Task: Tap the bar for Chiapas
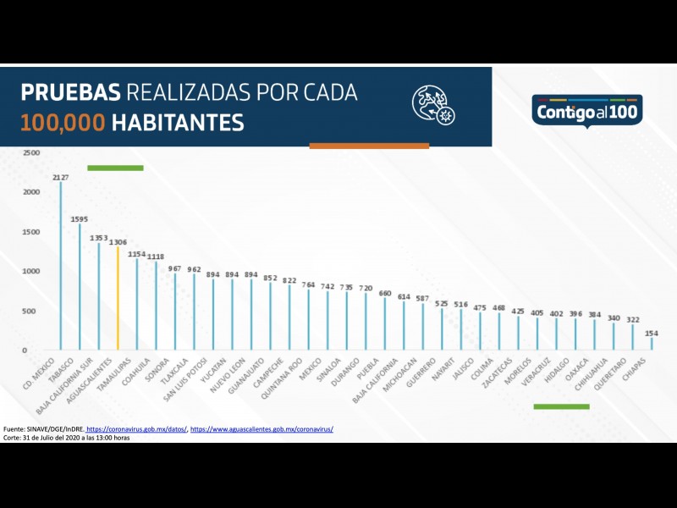point(652,344)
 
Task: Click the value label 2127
point(61,178)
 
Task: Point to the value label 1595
point(80,218)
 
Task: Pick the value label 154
point(651,333)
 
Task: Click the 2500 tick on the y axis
point(31,153)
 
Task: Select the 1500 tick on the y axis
point(31,232)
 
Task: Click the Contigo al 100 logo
point(588,109)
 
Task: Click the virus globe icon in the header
point(433,106)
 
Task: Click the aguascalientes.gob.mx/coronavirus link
point(261,429)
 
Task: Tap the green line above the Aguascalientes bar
point(115,168)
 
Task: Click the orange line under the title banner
point(369,146)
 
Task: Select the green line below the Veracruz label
point(561,406)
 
